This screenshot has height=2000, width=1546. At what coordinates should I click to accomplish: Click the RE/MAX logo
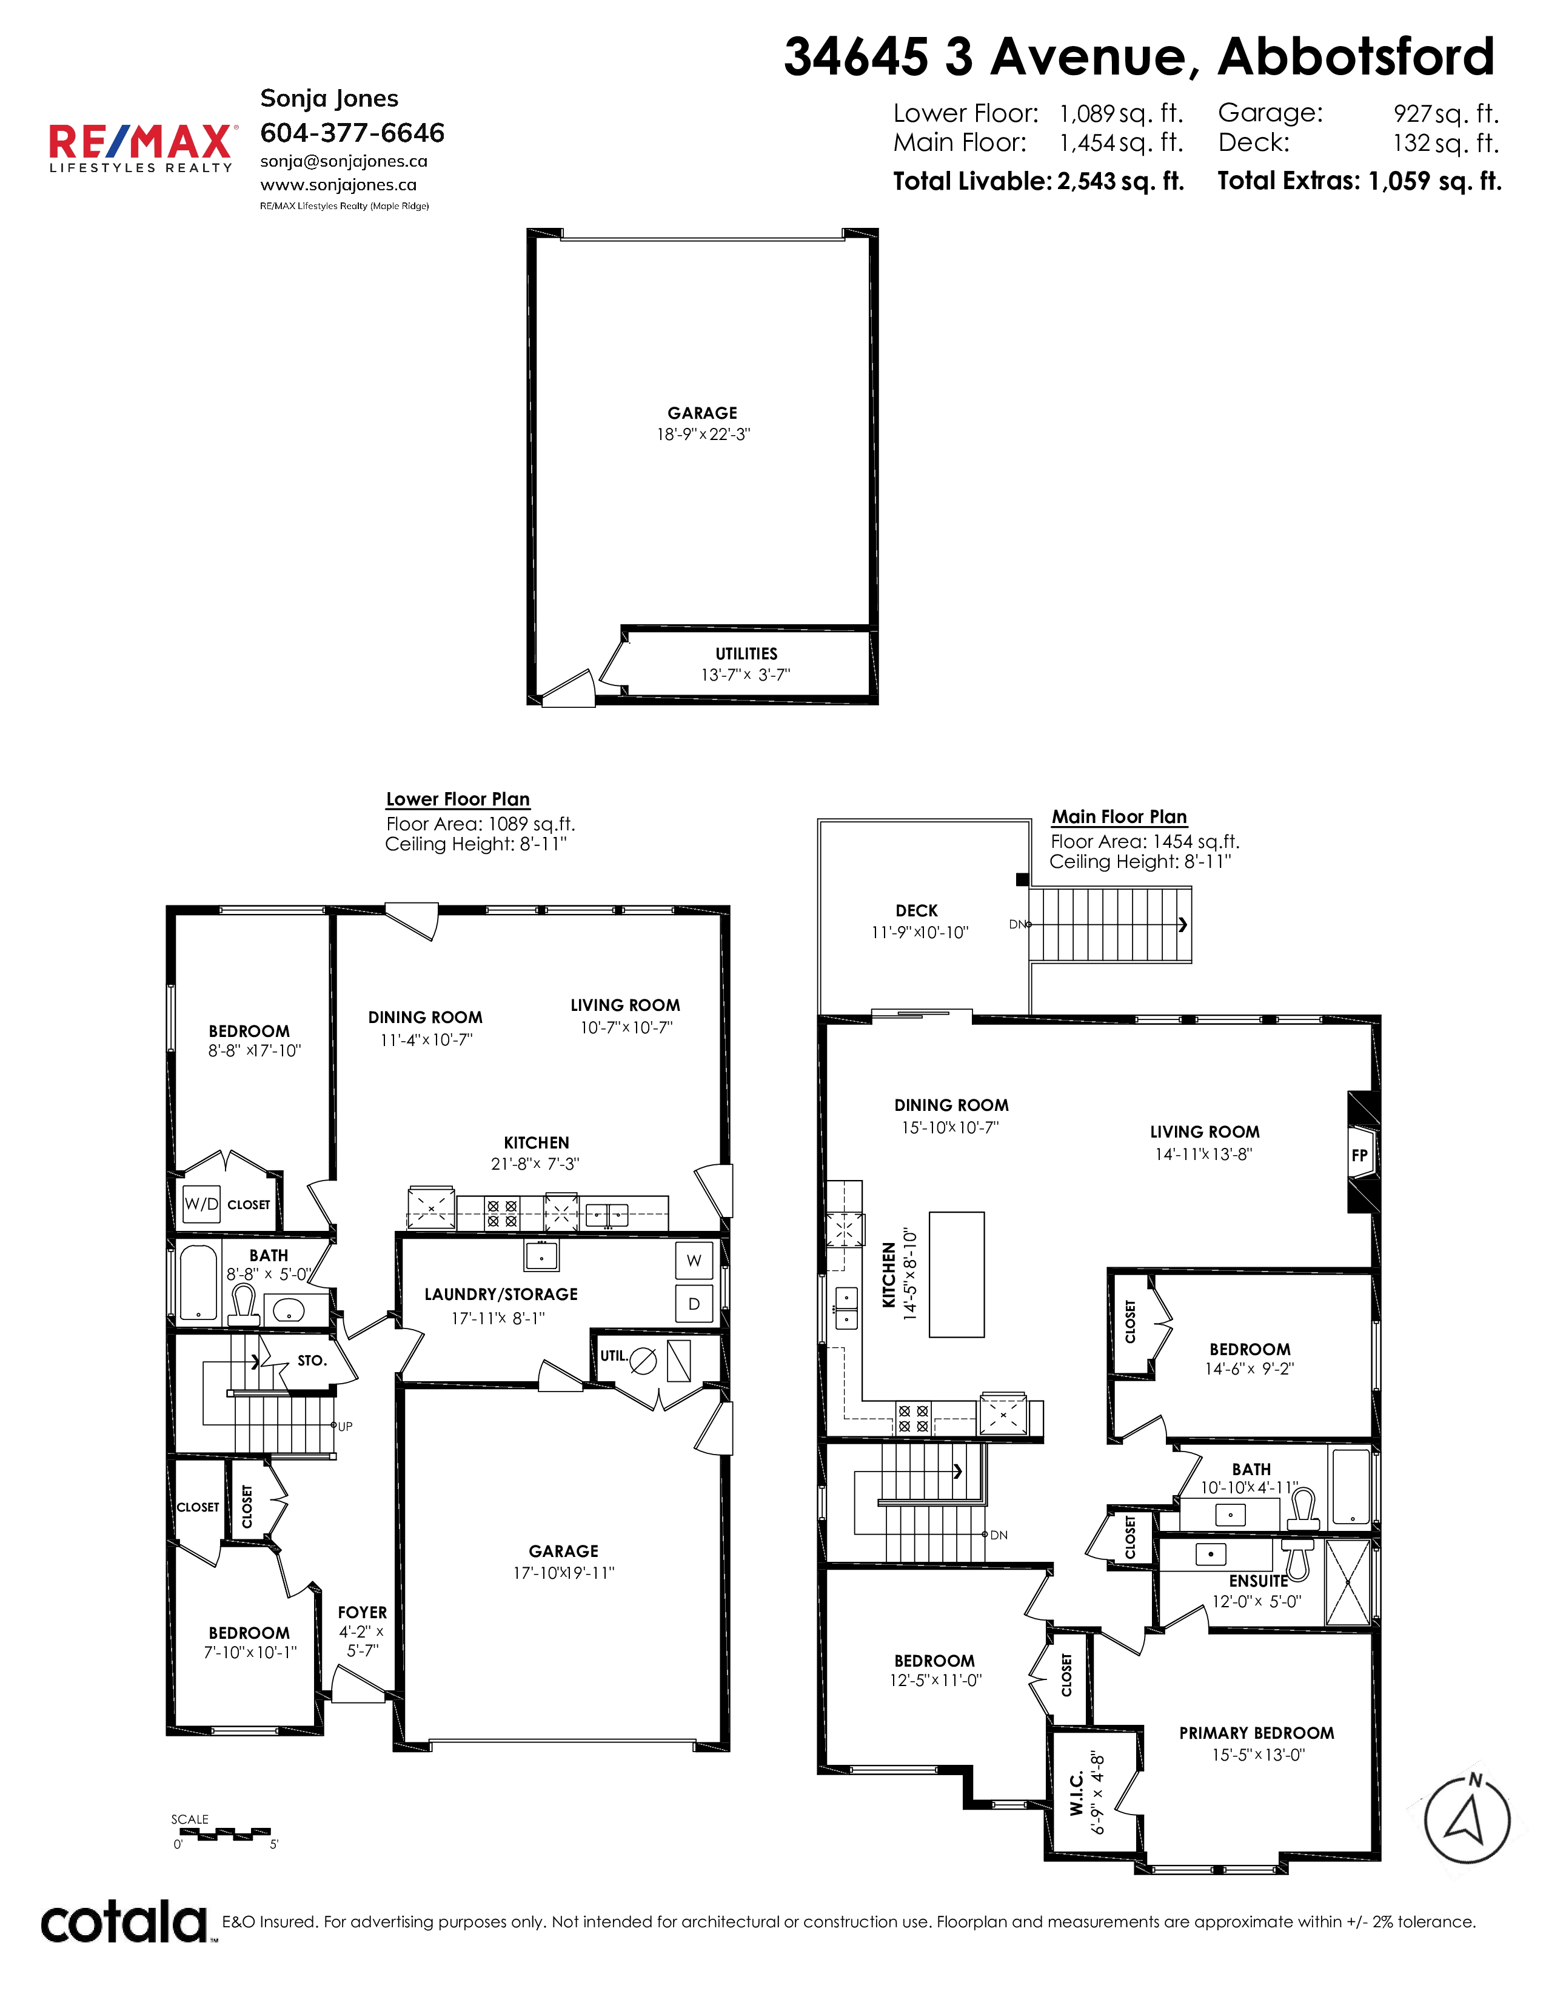142,147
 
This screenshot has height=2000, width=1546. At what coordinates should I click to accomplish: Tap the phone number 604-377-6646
353,133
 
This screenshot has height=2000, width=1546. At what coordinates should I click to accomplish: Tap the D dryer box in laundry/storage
694,1303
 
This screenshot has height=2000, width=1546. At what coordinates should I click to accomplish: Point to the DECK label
917,910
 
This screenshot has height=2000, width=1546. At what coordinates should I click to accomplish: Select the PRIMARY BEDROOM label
1257,1733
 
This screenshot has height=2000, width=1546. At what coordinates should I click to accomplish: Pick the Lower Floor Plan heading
458,799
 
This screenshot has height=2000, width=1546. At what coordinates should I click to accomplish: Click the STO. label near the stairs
312,1360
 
